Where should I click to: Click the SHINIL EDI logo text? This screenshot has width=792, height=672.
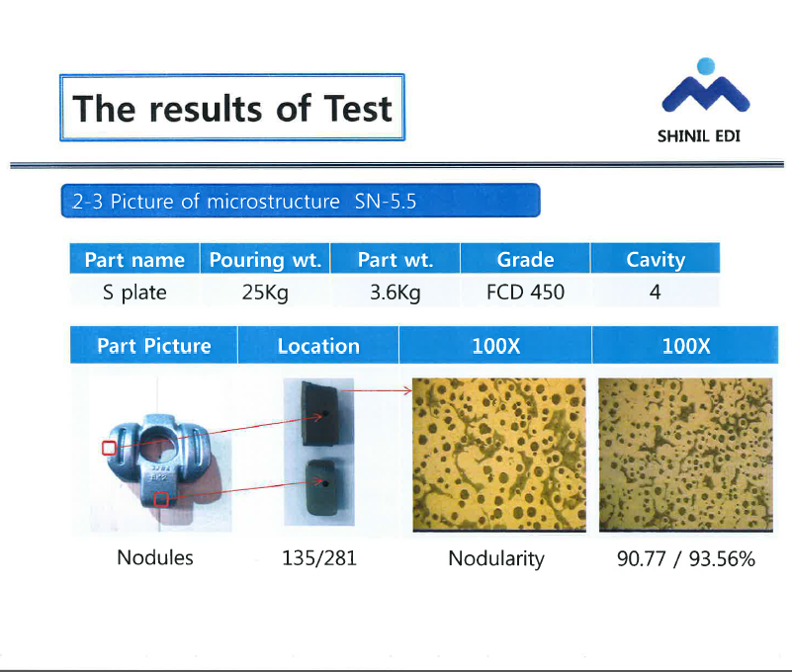(698, 136)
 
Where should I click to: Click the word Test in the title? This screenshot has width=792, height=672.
(358, 109)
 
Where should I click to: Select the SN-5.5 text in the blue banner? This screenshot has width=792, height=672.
(386, 202)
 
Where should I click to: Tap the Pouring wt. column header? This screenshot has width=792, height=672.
(265, 260)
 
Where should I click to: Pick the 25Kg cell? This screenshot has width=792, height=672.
(265, 293)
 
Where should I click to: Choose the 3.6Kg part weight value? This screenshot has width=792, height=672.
(395, 293)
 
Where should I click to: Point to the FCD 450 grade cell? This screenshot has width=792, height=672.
(525, 292)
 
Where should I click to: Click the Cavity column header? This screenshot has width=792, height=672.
(656, 260)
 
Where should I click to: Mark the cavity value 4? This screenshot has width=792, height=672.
(656, 292)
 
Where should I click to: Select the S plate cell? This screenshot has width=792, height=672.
(134, 293)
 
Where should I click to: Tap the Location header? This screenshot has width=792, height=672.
(318, 346)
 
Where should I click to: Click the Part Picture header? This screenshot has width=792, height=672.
(154, 346)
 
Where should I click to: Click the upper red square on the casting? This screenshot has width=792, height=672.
(109, 448)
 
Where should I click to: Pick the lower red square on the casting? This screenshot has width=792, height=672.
(161, 499)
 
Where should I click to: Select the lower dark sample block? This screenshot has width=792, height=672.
(322, 487)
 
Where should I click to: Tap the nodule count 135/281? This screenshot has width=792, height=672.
(319, 558)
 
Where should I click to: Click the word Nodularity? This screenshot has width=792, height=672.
(496, 559)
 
